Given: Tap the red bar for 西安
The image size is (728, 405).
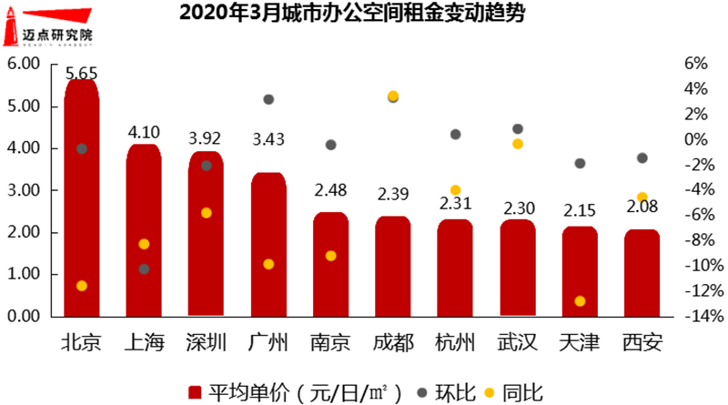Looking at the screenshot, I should tap(642, 273).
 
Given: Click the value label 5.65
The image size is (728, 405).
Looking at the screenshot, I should tap(82, 73).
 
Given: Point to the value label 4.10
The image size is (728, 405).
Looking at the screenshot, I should tap(144, 131).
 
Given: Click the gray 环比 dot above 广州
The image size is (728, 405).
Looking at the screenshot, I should tap(268, 99).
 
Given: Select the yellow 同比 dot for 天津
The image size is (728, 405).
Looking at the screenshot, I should tap(580, 301).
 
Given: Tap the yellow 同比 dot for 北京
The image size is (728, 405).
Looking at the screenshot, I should tap(82, 286).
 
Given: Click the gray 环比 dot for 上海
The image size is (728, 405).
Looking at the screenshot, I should tap(144, 269).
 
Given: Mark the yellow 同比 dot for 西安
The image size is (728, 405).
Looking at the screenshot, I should tap(642, 197).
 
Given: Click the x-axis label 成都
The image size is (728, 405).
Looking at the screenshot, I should tap(393, 343).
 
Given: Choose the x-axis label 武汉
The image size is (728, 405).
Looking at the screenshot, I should tap(517, 343).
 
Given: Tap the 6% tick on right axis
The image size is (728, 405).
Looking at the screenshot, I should tap(694, 65).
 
